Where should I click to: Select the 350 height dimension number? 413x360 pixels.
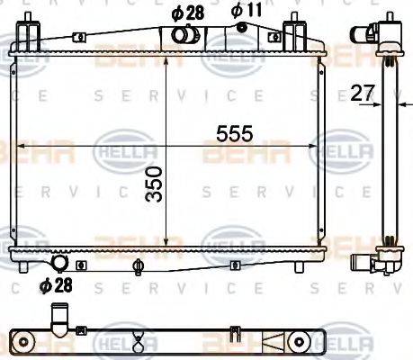click(x=155, y=184)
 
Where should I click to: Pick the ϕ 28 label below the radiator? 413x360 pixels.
click(x=56, y=286)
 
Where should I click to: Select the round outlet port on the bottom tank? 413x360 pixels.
click(x=61, y=263)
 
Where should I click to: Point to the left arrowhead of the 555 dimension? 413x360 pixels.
click(x=14, y=144)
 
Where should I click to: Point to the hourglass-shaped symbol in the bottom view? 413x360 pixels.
click(x=139, y=339)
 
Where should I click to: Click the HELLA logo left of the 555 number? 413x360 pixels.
click(x=116, y=148)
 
